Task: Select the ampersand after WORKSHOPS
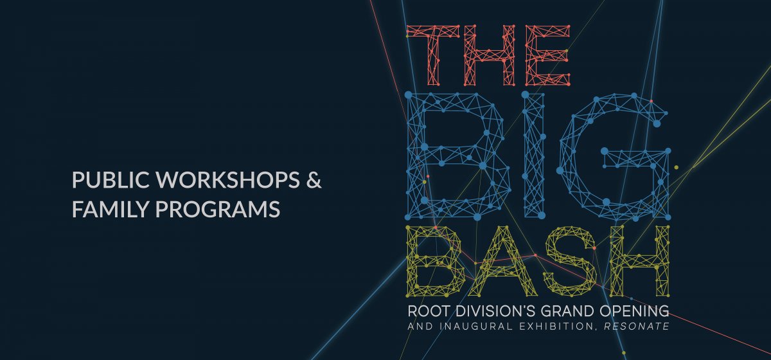click(314, 180)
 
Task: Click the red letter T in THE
click(433, 55)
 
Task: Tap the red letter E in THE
click(548, 55)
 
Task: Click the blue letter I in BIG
click(533, 156)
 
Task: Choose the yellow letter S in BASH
click(570, 261)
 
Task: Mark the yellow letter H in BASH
click(639, 261)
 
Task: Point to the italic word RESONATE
click(637, 326)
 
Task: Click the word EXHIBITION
click(558, 327)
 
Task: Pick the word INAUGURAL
click(476, 326)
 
